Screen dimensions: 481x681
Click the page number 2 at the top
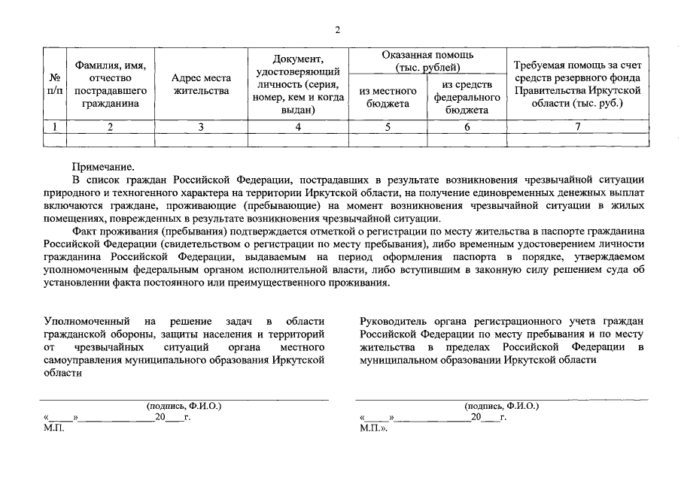point(338,30)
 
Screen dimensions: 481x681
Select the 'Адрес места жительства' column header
point(201,84)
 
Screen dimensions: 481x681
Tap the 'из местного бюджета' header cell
point(388,97)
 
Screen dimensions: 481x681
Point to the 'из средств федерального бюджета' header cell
point(467,97)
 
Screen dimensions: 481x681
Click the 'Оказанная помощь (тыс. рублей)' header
point(427,61)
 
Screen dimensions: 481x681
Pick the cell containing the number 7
point(577,127)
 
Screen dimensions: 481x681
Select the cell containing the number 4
point(298,127)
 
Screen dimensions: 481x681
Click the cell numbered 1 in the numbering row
point(54,127)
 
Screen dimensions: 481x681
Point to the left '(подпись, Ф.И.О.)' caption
point(184,406)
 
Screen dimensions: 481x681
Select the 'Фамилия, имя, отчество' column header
point(111,83)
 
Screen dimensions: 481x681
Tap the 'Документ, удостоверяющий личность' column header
point(298,83)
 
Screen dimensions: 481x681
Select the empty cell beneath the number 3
point(201,139)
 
